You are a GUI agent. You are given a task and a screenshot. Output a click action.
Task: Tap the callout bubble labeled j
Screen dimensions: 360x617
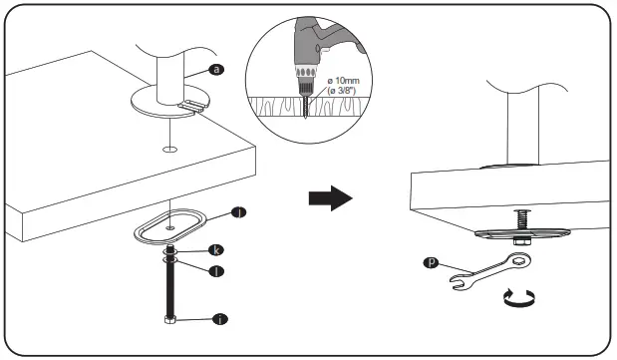(237, 212)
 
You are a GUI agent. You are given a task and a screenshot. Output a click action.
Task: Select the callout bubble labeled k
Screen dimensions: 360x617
(214, 249)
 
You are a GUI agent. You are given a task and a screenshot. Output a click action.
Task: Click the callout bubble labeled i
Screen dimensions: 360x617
(219, 319)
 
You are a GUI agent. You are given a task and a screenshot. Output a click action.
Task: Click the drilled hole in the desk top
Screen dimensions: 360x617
(171, 149)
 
